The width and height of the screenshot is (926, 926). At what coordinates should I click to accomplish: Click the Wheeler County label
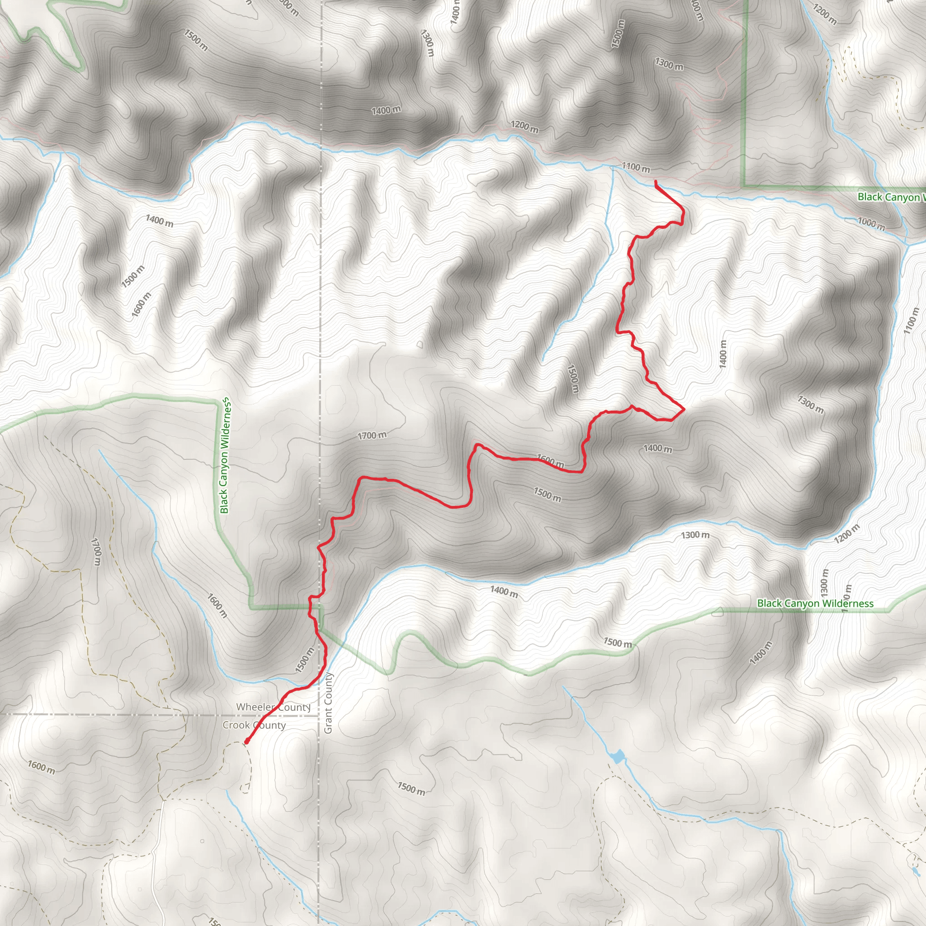[x=273, y=707]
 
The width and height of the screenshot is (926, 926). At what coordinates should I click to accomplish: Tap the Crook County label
[x=254, y=725]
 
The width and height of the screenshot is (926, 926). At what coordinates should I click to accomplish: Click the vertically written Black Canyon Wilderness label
[x=225, y=456]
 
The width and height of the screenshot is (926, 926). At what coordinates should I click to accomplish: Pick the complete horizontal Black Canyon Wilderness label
[x=815, y=604]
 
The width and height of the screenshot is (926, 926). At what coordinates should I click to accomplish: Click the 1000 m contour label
[x=871, y=223]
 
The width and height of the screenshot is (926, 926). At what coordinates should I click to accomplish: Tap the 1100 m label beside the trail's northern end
[x=636, y=167]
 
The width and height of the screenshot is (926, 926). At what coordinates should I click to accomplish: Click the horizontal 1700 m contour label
[x=373, y=435]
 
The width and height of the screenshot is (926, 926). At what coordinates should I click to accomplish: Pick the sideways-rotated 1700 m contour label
[x=96, y=551]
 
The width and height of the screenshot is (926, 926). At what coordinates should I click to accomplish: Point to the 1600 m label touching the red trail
[x=550, y=461]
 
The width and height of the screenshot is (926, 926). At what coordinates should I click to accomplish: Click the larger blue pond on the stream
[x=618, y=757]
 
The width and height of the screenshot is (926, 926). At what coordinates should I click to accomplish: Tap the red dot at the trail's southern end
[x=246, y=742]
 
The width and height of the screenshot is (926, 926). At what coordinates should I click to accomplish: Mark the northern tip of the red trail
[x=655, y=181]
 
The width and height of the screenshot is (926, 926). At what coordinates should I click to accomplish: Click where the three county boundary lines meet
[x=319, y=716]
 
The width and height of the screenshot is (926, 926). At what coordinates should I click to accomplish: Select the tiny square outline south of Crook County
[x=202, y=841]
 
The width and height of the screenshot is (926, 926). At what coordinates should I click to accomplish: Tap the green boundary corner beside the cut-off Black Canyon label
[x=744, y=186]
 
